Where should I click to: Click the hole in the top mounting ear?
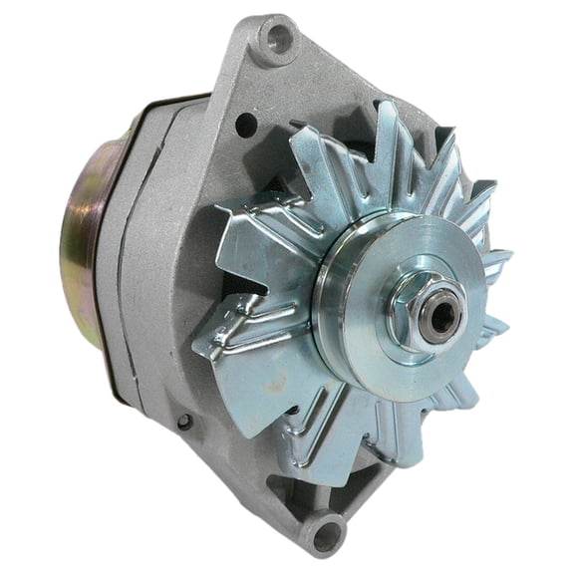click(x=278, y=40)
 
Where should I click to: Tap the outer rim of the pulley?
click(x=329, y=299)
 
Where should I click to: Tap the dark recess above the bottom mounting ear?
click(x=299, y=488)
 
